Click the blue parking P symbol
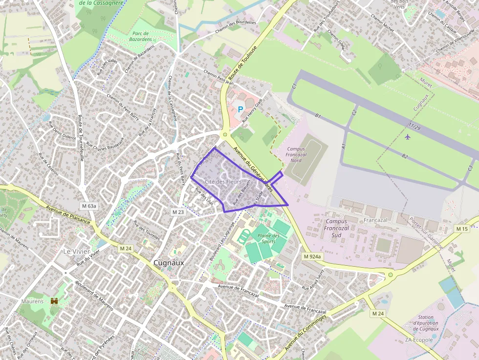(x=240, y=109)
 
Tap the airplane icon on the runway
(x=408, y=136)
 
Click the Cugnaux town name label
(x=169, y=262)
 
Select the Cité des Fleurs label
(x=224, y=182)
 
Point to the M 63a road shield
(x=89, y=206)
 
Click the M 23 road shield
(x=178, y=212)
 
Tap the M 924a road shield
(x=312, y=256)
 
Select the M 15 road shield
(x=462, y=229)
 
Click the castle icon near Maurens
(x=54, y=301)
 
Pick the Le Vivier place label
(x=77, y=251)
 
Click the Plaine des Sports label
(x=268, y=238)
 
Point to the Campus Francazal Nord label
(x=296, y=154)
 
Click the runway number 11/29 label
(x=414, y=127)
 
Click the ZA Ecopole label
(x=419, y=340)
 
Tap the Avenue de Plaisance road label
(x=68, y=214)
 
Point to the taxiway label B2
(x=404, y=156)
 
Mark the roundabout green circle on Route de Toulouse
(x=225, y=134)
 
